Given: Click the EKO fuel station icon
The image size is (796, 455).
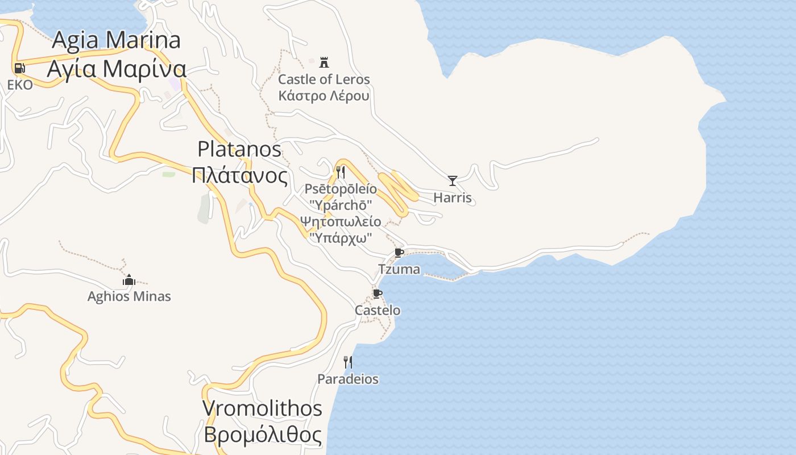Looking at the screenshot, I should [19, 68].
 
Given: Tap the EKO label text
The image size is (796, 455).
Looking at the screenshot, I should [20, 85].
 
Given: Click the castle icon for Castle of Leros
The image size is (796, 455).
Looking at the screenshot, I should [324, 62].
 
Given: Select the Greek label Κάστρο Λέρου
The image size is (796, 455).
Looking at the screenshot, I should [324, 95].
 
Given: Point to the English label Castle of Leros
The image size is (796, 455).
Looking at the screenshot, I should [324, 79].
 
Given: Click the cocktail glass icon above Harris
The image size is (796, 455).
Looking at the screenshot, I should [453, 181].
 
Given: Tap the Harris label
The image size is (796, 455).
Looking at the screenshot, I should [453, 197].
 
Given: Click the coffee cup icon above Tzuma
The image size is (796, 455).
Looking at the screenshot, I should [399, 253].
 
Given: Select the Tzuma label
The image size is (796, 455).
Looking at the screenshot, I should [399, 269].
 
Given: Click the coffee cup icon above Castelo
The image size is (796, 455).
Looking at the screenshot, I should [377, 293].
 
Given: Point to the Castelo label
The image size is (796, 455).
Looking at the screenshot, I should [378, 310].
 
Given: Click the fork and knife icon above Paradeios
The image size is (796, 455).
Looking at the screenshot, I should [348, 362].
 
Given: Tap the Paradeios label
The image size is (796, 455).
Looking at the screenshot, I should [348, 379].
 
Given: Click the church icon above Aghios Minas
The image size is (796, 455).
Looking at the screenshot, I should [129, 280].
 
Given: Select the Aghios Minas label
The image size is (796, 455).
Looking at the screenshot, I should [129, 296].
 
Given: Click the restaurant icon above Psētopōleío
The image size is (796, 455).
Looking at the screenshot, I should [341, 172].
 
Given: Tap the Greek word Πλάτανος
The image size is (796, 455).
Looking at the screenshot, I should [239, 175].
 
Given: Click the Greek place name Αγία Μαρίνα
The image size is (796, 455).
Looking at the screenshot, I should [117, 69].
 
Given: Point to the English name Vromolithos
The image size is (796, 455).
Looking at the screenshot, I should [262, 408].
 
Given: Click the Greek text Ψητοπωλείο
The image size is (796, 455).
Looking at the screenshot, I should [341, 221].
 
